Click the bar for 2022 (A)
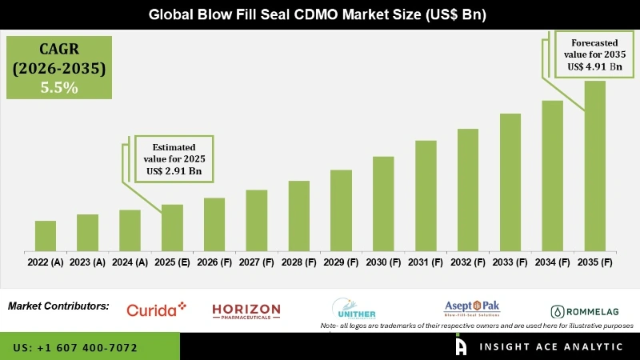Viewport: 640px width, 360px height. pyautogui.click(x=46, y=236)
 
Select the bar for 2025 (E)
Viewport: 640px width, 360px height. pyautogui.click(x=172, y=228)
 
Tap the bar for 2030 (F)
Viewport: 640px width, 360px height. pyautogui.click(x=383, y=204)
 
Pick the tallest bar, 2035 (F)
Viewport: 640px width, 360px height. pyautogui.click(x=594, y=166)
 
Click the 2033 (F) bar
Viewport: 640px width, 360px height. pyautogui.click(x=510, y=182)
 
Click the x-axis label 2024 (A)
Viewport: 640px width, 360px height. pyautogui.click(x=130, y=262)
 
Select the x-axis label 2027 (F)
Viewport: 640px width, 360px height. pyautogui.click(x=257, y=262)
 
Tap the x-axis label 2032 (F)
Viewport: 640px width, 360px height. pyautogui.click(x=468, y=262)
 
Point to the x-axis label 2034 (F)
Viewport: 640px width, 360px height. pyautogui.click(x=553, y=262)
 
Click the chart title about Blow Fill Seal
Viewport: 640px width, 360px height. pyautogui.click(x=320, y=14)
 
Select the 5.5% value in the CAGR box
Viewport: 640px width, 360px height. pyautogui.click(x=59, y=88)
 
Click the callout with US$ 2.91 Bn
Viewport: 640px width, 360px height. pyautogui.click(x=174, y=158)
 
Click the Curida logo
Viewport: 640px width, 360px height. pyautogui.click(x=157, y=310)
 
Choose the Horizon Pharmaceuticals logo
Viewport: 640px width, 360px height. pyautogui.click(x=246, y=310)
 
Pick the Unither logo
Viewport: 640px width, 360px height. pyautogui.click(x=354, y=308)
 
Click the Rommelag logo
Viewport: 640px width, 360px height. pyautogui.click(x=588, y=311)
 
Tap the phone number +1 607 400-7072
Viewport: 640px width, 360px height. pyautogui.click(x=75, y=348)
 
